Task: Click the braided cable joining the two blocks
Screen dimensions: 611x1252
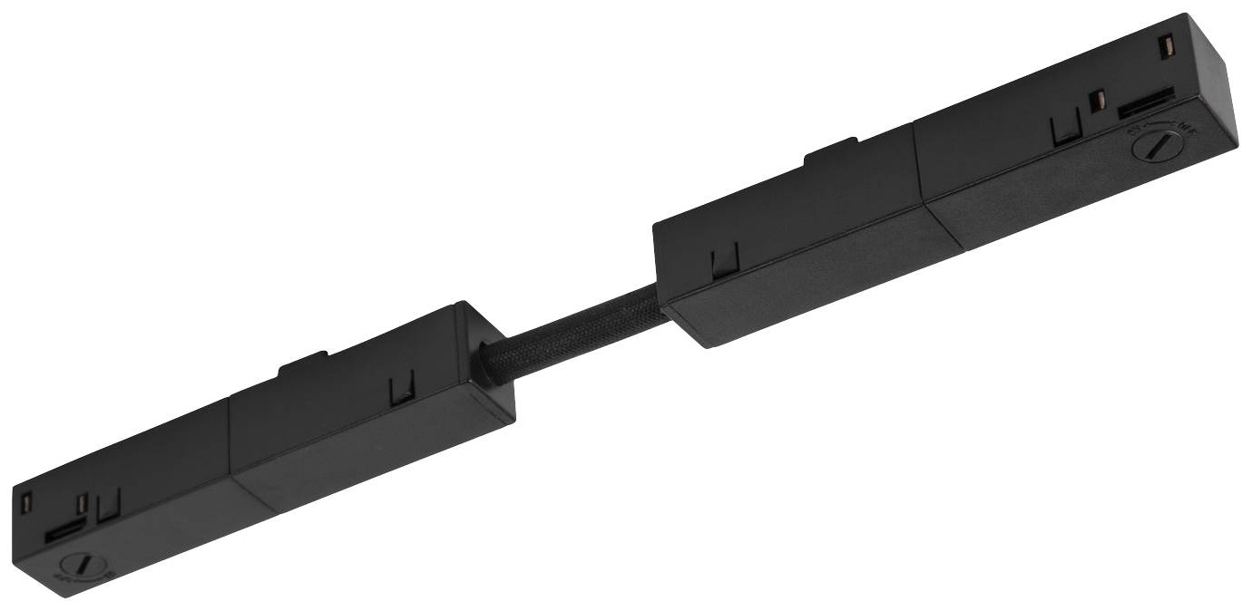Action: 572,325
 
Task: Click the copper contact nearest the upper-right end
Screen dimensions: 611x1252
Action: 1167,44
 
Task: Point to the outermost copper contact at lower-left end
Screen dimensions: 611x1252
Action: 26,500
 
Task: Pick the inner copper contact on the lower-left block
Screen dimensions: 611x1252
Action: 83,506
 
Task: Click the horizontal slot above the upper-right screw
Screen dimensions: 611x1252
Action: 1147,102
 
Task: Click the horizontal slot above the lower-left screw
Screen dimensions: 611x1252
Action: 67,531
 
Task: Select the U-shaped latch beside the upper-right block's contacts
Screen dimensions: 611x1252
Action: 1062,132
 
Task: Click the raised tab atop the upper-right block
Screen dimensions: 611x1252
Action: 829,153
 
